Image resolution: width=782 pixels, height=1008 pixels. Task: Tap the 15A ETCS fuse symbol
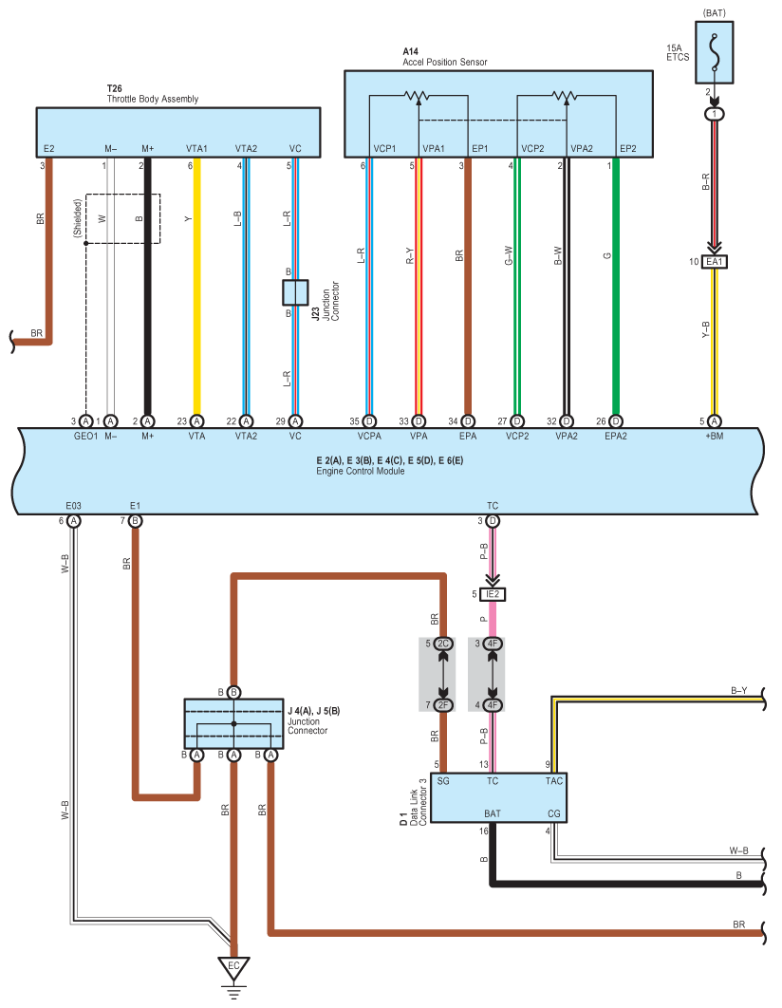point(714,53)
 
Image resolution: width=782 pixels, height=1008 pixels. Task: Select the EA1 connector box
point(715,262)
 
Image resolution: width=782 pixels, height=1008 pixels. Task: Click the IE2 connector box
point(493,594)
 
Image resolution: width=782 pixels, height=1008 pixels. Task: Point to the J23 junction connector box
point(295,292)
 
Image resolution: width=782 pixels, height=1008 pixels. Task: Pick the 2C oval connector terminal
point(443,644)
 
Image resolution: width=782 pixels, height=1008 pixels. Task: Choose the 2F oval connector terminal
point(443,705)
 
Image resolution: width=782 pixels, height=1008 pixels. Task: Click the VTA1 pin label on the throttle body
point(196,148)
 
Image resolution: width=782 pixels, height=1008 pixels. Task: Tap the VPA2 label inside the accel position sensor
point(582,148)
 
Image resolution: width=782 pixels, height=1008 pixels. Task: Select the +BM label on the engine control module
point(714,436)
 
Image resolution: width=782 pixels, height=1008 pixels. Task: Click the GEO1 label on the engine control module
point(85,436)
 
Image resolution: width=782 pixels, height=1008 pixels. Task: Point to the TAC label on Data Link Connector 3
point(554,781)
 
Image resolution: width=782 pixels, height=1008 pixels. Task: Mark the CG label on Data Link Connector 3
point(554,813)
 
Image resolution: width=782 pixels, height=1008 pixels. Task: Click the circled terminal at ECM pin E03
point(74,521)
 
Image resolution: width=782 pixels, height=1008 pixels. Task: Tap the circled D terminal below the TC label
point(493,521)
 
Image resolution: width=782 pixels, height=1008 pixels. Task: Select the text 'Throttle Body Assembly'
point(152,99)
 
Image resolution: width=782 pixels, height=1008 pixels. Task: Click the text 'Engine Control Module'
point(361,471)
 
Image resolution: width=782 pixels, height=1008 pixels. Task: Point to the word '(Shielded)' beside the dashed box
point(77,218)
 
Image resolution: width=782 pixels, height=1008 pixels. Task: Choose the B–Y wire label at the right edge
point(739,690)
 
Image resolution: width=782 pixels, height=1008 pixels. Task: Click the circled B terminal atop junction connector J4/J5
point(233,692)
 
